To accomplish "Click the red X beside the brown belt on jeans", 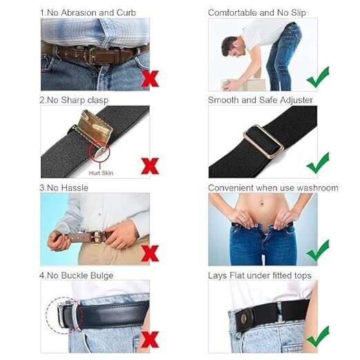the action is [150, 79].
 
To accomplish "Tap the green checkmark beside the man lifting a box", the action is [318, 77].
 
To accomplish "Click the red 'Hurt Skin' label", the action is [101, 173].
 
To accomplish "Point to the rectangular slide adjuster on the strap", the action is [263, 141].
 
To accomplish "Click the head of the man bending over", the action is [232, 47].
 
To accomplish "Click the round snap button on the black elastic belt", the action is [244, 319].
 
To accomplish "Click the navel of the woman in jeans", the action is [262, 203].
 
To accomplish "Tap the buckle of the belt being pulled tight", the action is [97, 237].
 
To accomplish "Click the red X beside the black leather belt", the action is [150, 339].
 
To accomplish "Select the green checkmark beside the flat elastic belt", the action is [318, 337].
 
